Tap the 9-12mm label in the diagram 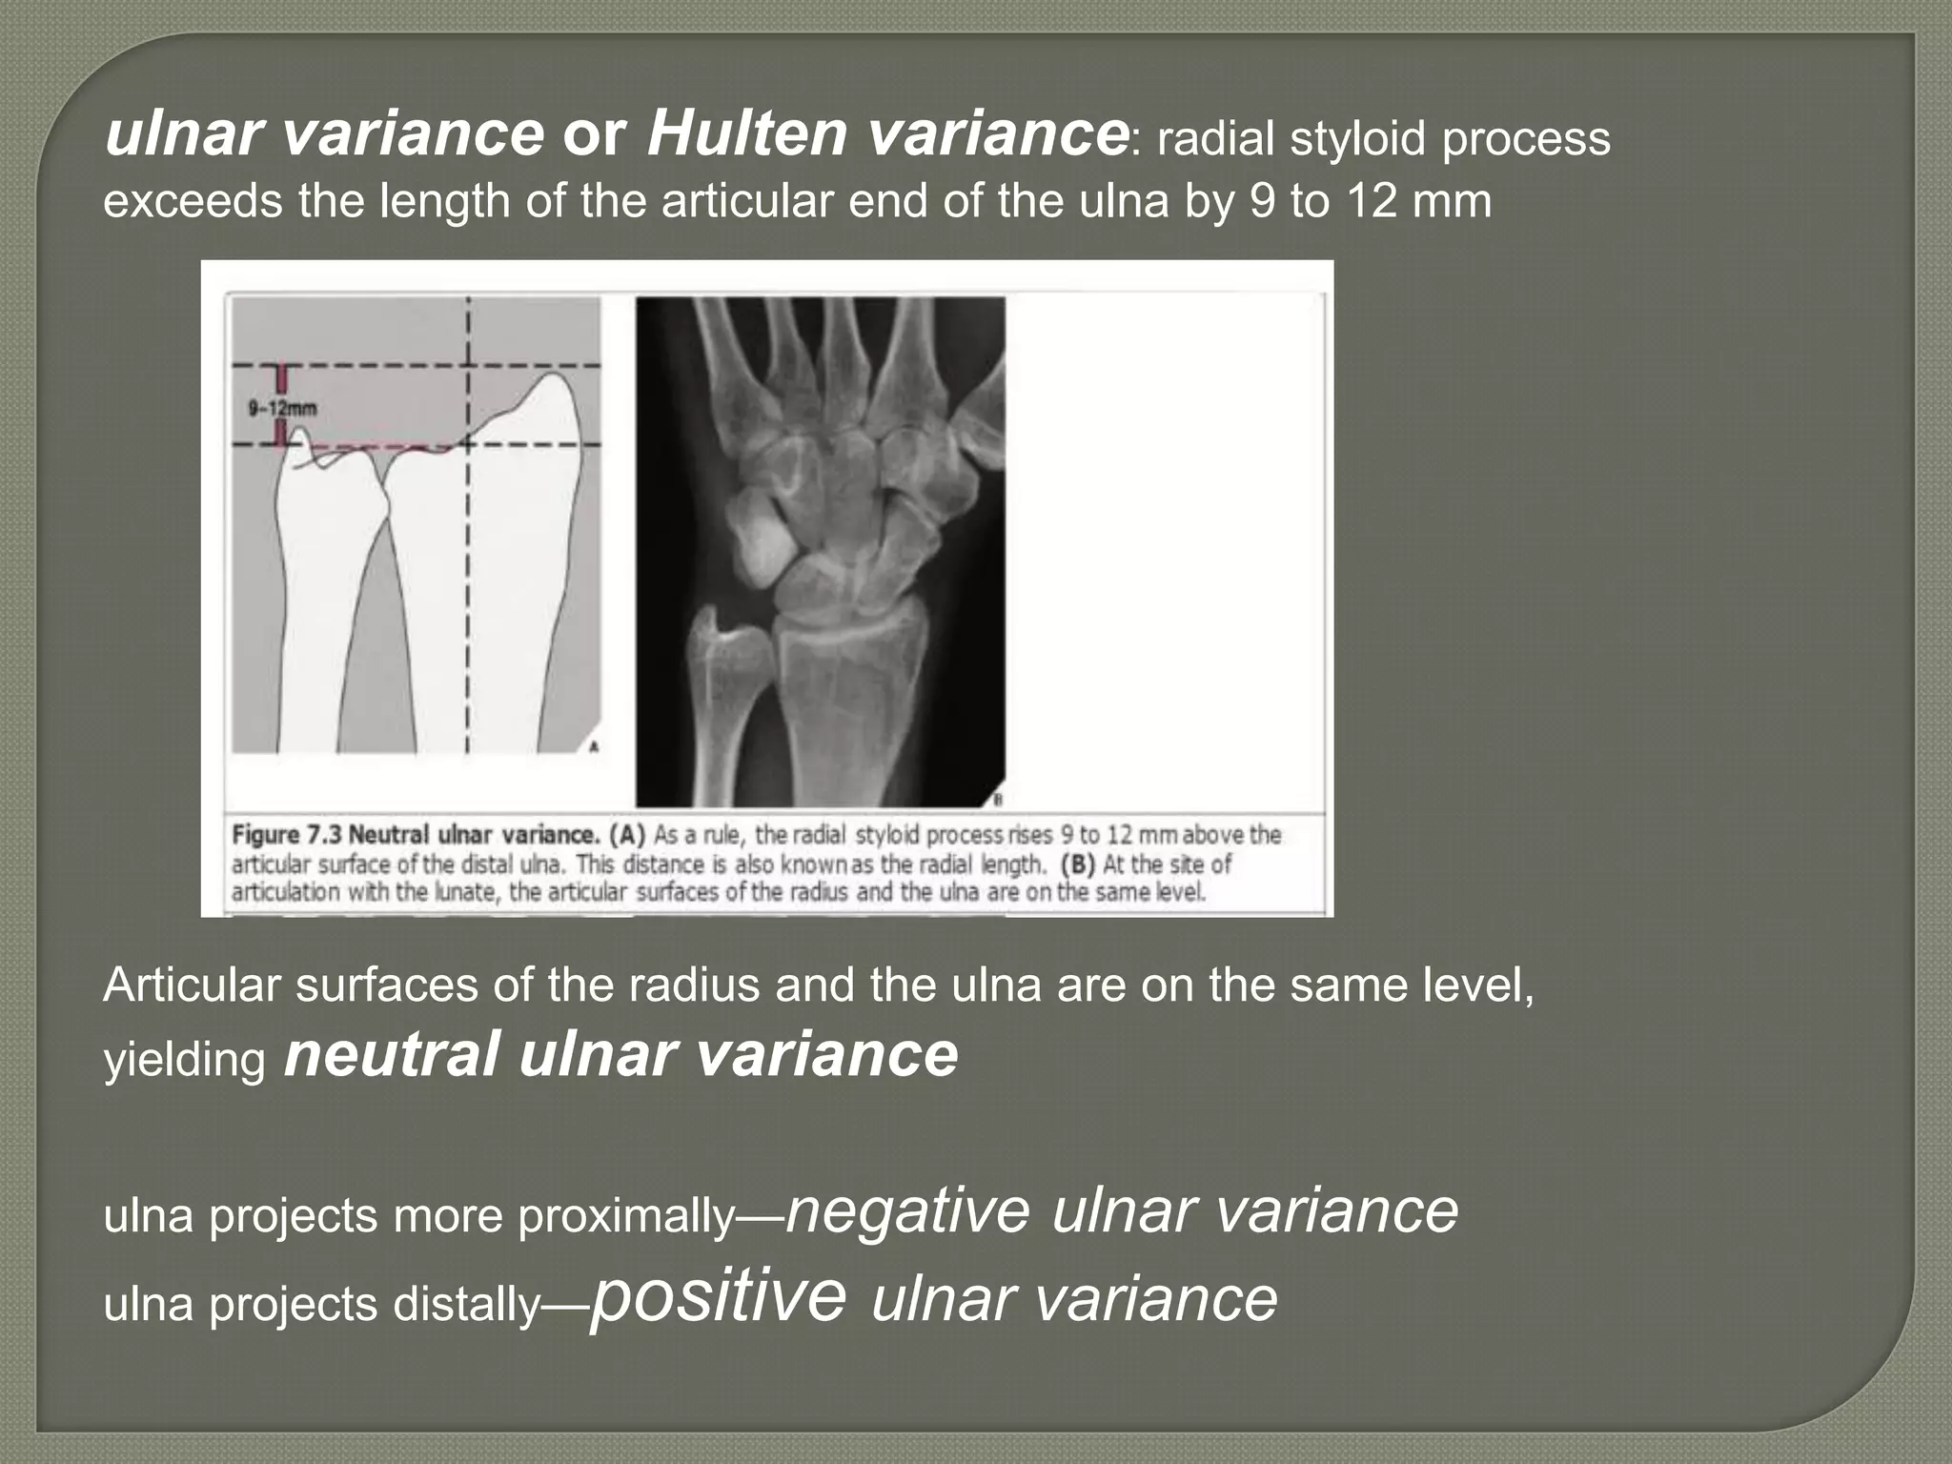point(282,408)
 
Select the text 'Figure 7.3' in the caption point(285,835)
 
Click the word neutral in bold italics point(392,1054)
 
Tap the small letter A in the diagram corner point(593,746)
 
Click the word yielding point(184,1060)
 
